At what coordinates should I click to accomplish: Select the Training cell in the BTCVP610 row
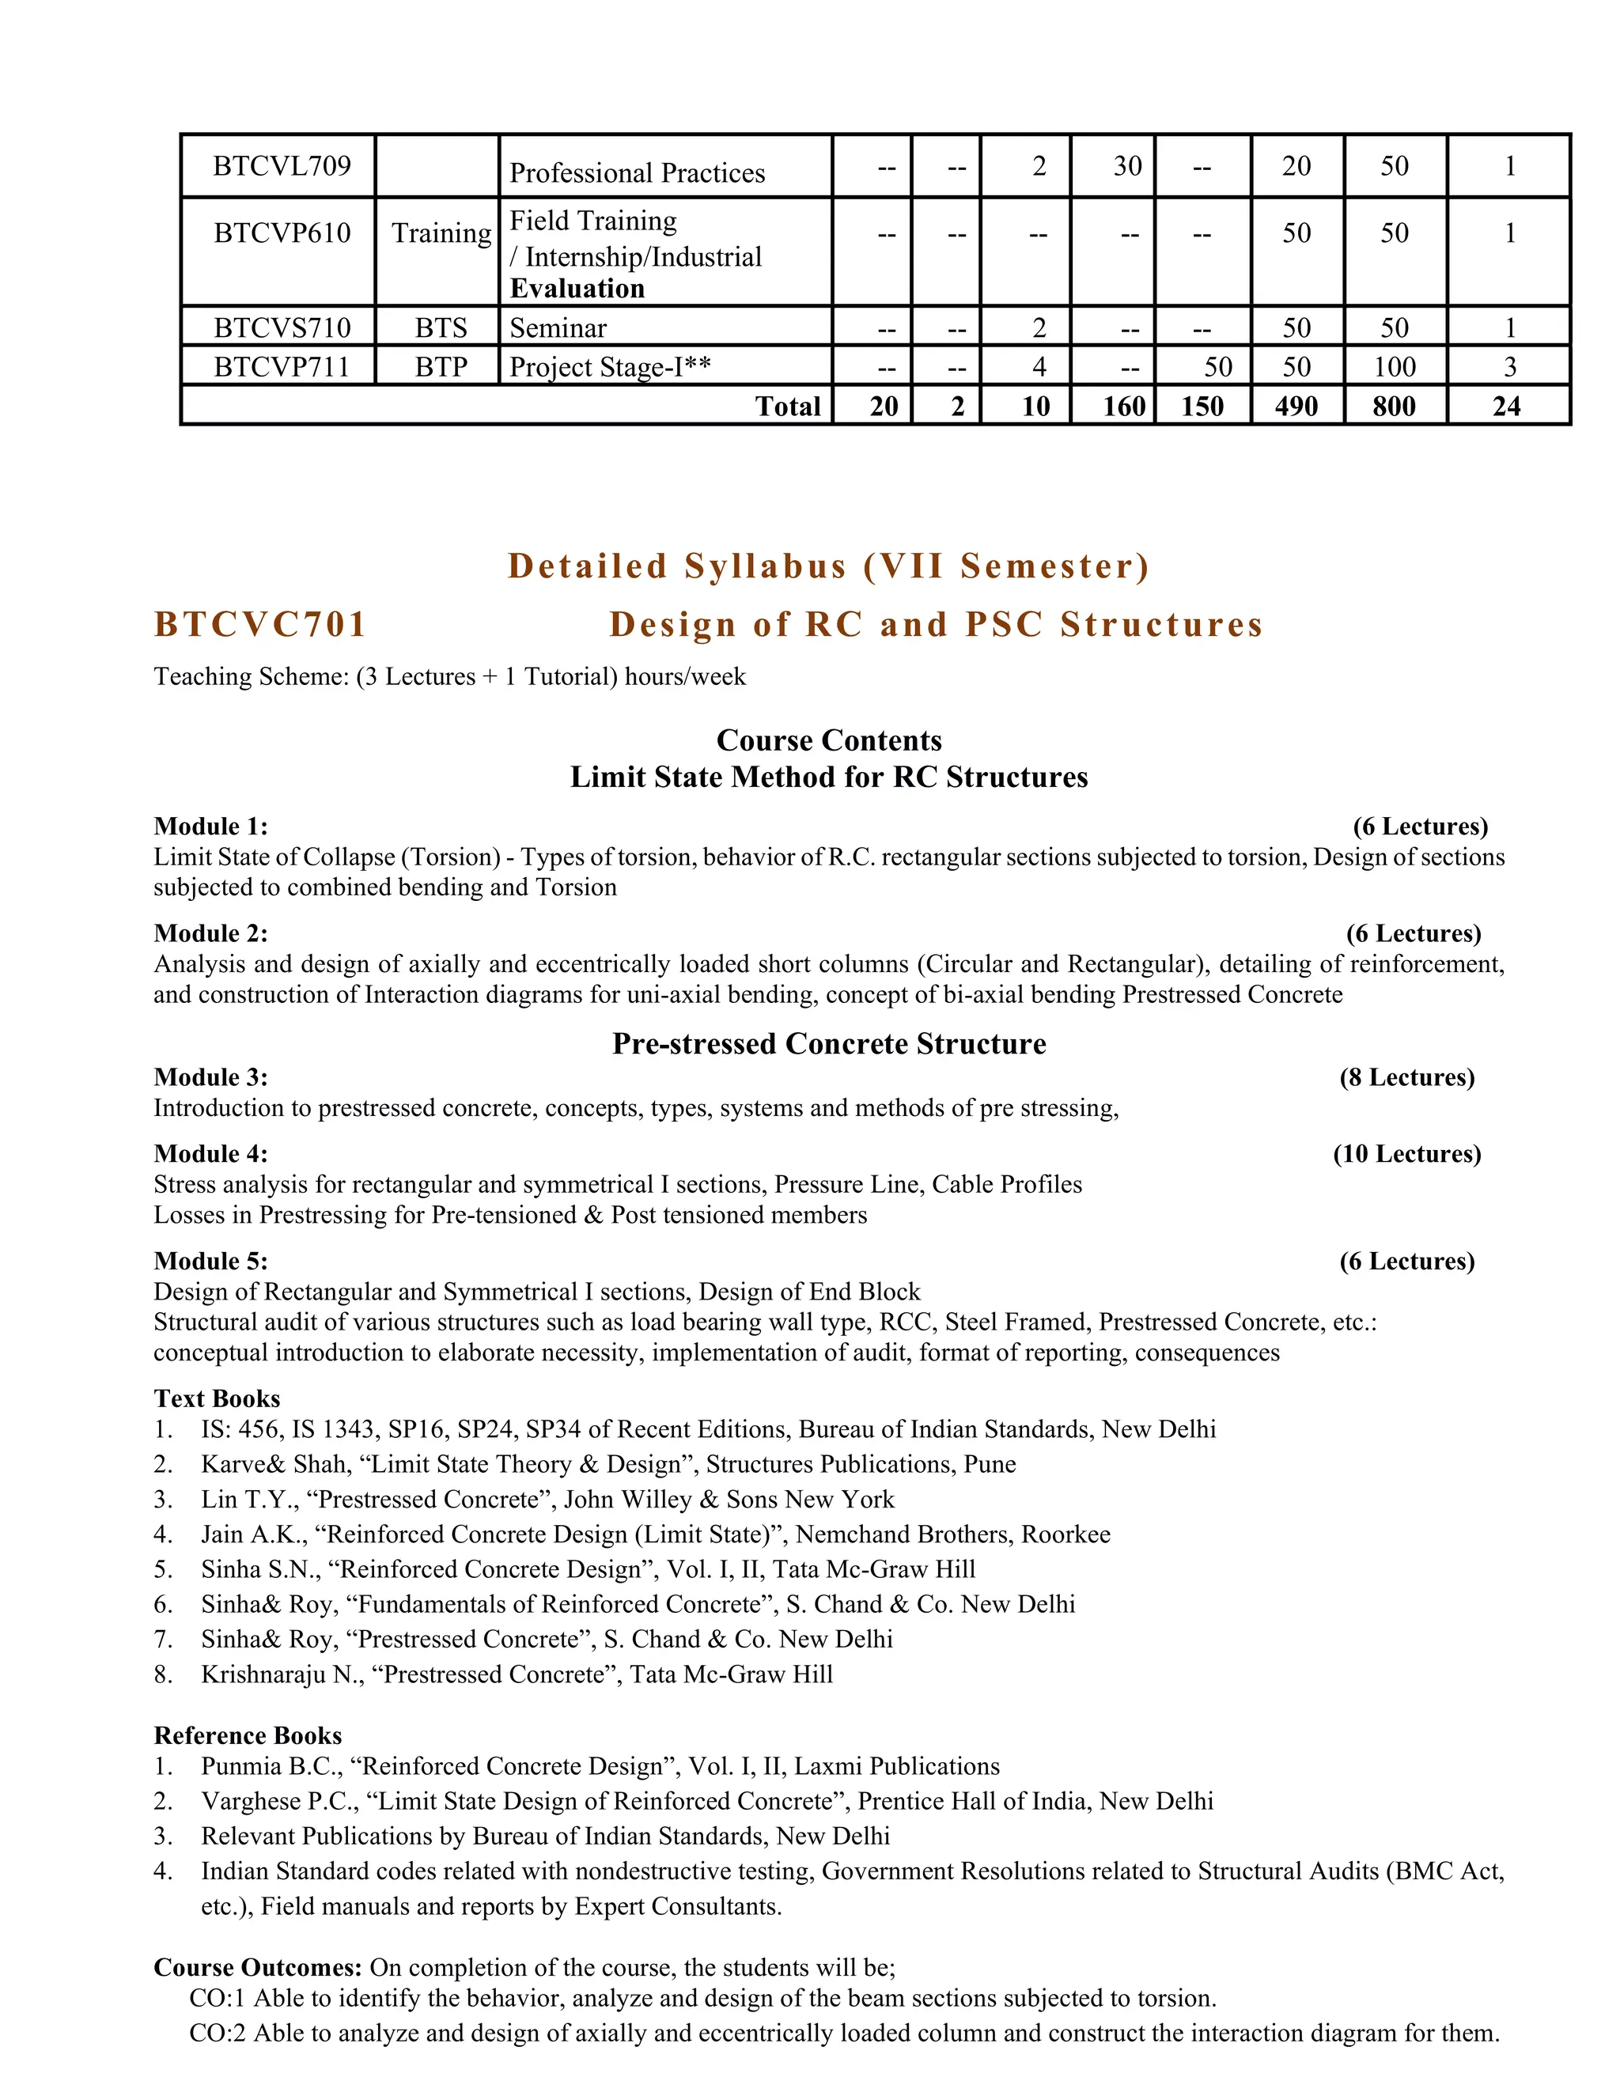[441, 233]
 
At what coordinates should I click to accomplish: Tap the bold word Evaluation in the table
[577, 289]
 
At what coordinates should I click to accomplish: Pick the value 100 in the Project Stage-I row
[1394, 367]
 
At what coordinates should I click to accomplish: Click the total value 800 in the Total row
[1394, 406]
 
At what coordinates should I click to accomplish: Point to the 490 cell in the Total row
[1296, 406]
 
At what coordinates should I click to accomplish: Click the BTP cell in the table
[441, 367]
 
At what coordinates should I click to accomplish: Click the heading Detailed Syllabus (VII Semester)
[828, 566]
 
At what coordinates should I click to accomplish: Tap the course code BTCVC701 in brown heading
[260, 624]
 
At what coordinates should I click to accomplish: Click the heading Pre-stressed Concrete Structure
[828, 1043]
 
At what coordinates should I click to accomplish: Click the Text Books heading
[217, 1398]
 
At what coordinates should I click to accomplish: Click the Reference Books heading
[248, 1735]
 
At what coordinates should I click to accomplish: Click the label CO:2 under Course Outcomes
[217, 2033]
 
